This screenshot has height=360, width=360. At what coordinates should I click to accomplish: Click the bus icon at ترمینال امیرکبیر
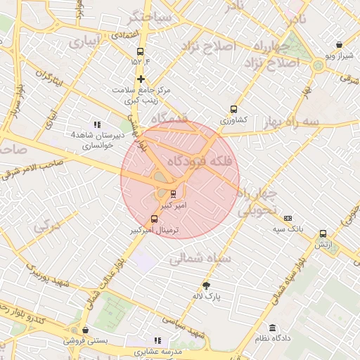(x=155, y=219)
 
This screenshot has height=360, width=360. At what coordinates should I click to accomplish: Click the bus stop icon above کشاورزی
(x=233, y=109)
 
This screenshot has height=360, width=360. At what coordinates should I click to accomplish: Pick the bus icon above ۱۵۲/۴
(x=140, y=51)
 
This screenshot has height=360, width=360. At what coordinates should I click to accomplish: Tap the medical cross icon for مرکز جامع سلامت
(x=141, y=79)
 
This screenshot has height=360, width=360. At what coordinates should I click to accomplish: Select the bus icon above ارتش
(x=323, y=233)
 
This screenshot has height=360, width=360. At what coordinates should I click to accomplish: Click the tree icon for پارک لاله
(x=206, y=285)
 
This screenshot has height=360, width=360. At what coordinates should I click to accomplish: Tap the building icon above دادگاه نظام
(x=272, y=328)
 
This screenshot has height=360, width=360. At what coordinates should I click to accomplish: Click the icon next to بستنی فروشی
(x=85, y=330)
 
